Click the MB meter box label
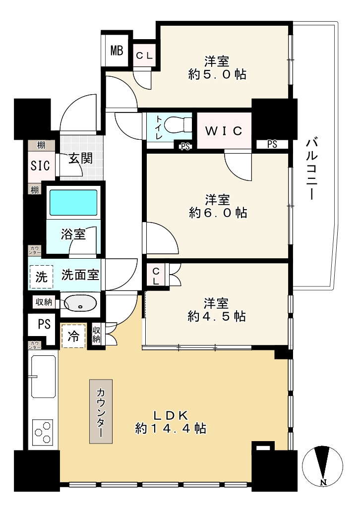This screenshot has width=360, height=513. point(117,51)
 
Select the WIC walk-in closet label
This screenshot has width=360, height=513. point(224,131)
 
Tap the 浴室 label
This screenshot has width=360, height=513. point(73,234)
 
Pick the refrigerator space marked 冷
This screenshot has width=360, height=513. point(73,337)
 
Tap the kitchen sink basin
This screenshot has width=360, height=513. point(44,377)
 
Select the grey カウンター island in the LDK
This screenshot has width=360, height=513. point(101,411)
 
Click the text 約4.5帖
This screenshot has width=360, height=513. point(217,317)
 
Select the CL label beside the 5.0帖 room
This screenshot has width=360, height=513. point(144,56)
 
